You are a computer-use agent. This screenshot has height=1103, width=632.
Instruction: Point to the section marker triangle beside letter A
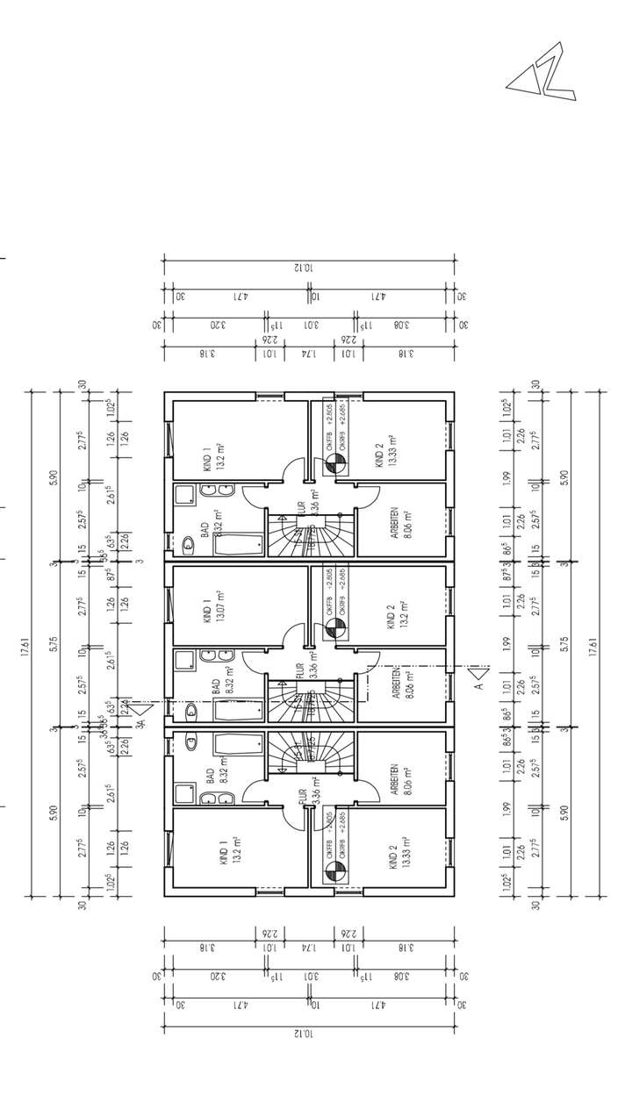[478, 676]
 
